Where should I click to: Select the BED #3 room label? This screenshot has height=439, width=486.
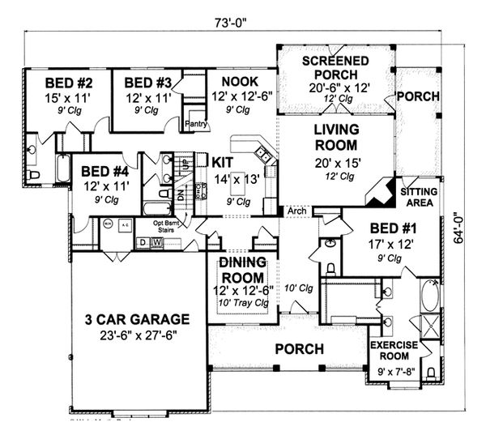[x=148, y=83]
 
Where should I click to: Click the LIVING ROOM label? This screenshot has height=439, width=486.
[x=338, y=137]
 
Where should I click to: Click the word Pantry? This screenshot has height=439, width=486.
[x=197, y=124]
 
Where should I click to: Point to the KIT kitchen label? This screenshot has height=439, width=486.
[x=223, y=162]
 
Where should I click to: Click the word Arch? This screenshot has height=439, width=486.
[x=298, y=212]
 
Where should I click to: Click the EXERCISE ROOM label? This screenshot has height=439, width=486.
[x=393, y=351]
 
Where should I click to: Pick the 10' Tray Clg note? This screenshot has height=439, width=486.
[x=246, y=303]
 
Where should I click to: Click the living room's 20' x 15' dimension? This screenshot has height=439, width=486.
[x=338, y=162]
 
